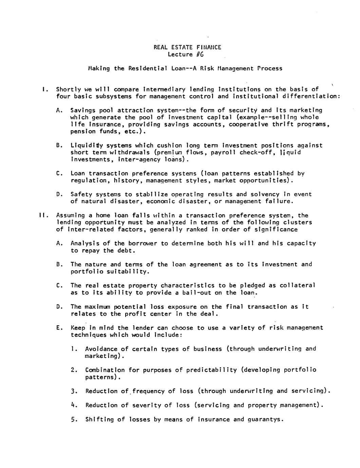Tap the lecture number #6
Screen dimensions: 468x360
click(200, 54)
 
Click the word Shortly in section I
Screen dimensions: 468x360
click(69, 90)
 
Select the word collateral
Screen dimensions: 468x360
click(297, 286)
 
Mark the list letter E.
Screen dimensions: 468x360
click(59, 328)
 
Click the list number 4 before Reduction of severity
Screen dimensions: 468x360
click(73, 405)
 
